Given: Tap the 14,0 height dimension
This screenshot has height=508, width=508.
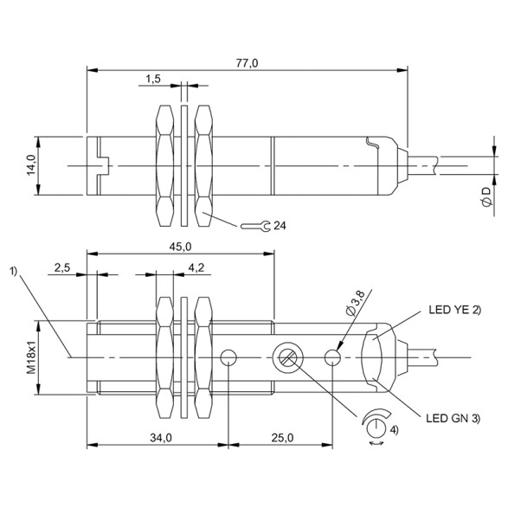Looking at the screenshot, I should coord(29,164).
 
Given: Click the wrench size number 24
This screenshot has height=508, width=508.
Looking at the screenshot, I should coord(279,226).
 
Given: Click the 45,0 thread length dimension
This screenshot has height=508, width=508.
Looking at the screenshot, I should coord(180,247).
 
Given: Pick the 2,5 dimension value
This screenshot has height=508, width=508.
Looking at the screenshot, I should coord(62,268).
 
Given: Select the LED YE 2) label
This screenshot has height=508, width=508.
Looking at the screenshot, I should coord(453,308).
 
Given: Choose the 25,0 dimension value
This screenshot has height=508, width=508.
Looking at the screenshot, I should coord(280,439).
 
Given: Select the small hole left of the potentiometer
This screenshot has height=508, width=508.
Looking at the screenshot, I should coord(229,357).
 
